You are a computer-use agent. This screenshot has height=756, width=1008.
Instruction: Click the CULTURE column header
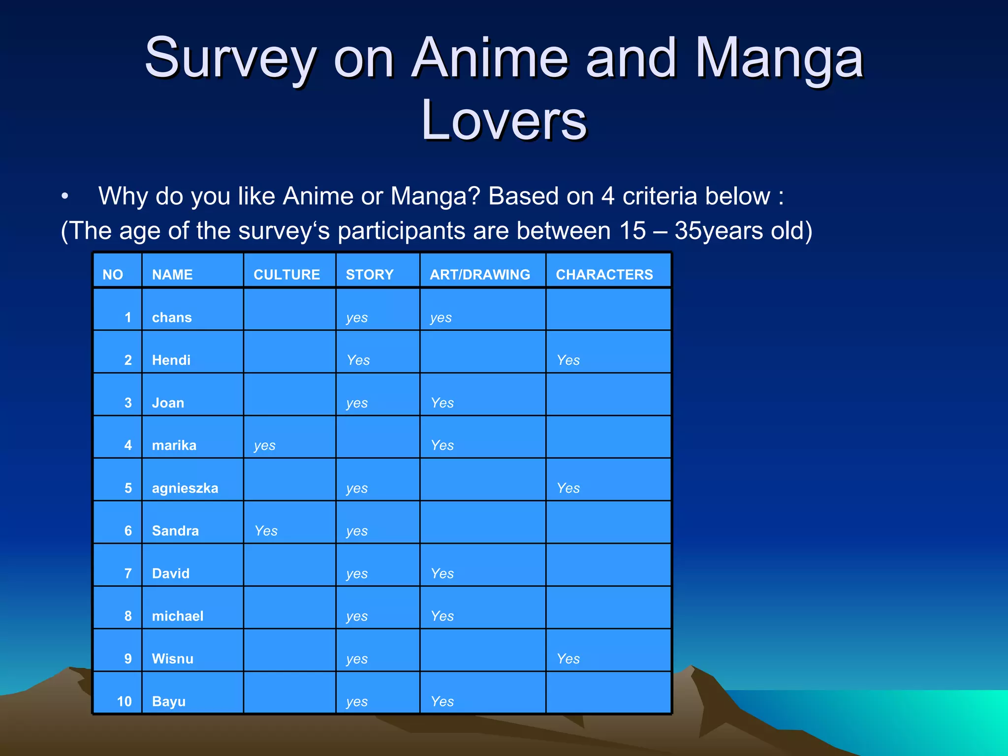(x=286, y=274)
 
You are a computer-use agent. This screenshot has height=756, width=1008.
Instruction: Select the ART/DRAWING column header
(x=480, y=274)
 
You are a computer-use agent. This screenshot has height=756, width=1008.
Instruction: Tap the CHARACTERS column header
(x=604, y=274)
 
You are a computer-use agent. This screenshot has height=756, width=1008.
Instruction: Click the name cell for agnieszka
(x=185, y=488)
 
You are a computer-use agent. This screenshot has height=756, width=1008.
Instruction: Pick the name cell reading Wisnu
(x=173, y=659)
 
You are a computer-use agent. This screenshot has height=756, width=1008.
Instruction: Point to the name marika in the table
(x=174, y=445)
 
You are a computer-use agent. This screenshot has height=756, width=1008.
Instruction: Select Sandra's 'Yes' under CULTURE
(x=266, y=531)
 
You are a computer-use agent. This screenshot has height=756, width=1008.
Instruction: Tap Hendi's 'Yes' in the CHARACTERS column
(x=568, y=360)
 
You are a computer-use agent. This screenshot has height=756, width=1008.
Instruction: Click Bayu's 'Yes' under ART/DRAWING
(x=442, y=701)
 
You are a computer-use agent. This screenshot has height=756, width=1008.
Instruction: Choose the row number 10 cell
(x=124, y=701)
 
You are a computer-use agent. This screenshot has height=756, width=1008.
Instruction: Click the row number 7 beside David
(x=128, y=573)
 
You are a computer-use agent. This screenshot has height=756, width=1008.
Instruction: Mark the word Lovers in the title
(x=504, y=120)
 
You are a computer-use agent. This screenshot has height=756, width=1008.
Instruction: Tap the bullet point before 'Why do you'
(x=65, y=196)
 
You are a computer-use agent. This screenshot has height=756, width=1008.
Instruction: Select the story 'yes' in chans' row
(x=357, y=318)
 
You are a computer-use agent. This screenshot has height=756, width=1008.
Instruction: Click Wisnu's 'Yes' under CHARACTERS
(x=568, y=659)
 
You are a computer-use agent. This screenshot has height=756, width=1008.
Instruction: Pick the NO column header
(x=113, y=274)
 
